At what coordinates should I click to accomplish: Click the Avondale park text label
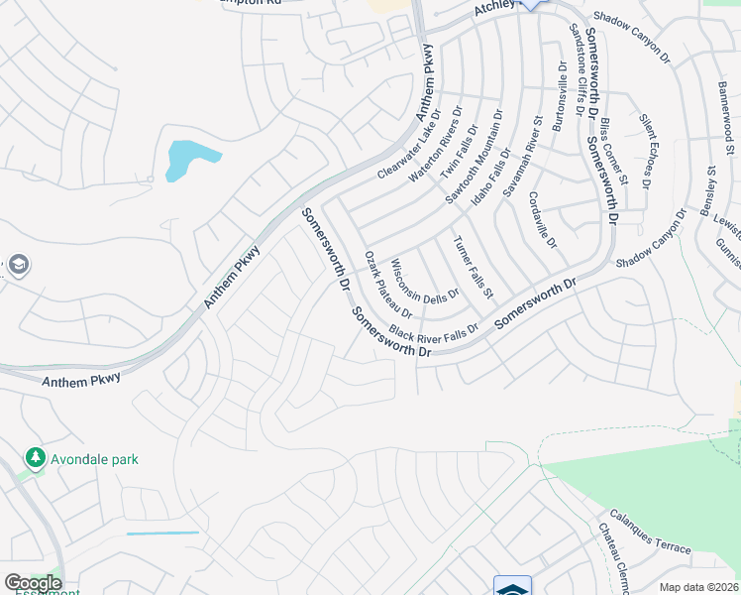click(95, 459)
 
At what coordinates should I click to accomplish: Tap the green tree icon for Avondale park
click(36, 458)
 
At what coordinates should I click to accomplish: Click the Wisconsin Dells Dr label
click(425, 281)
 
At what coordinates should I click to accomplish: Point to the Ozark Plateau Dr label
click(388, 285)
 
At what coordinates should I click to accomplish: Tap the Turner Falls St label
click(473, 267)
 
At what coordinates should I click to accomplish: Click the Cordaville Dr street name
click(543, 220)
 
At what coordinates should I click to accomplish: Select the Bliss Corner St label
click(614, 153)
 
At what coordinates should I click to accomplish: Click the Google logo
click(33, 583)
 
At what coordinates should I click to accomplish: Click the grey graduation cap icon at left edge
click(17, 266)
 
